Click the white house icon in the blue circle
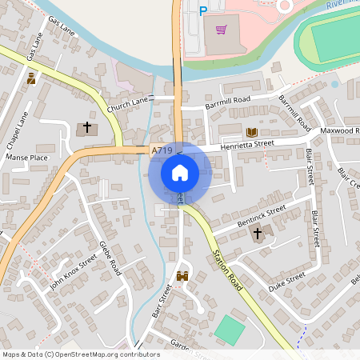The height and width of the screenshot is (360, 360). pos(180,173)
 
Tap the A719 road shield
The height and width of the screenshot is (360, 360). pos(162,150)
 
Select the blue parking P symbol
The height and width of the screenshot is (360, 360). pos(202,10)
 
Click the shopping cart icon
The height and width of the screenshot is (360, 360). pos(221,30)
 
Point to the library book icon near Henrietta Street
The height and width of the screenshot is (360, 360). pos(252,131)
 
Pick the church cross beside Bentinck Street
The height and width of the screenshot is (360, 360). pos(258,234)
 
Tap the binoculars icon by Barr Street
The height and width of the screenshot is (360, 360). pos(182,276)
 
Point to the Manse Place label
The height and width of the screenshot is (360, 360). pos(27,158)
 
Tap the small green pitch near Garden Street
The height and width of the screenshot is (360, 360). pos(230,330)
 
